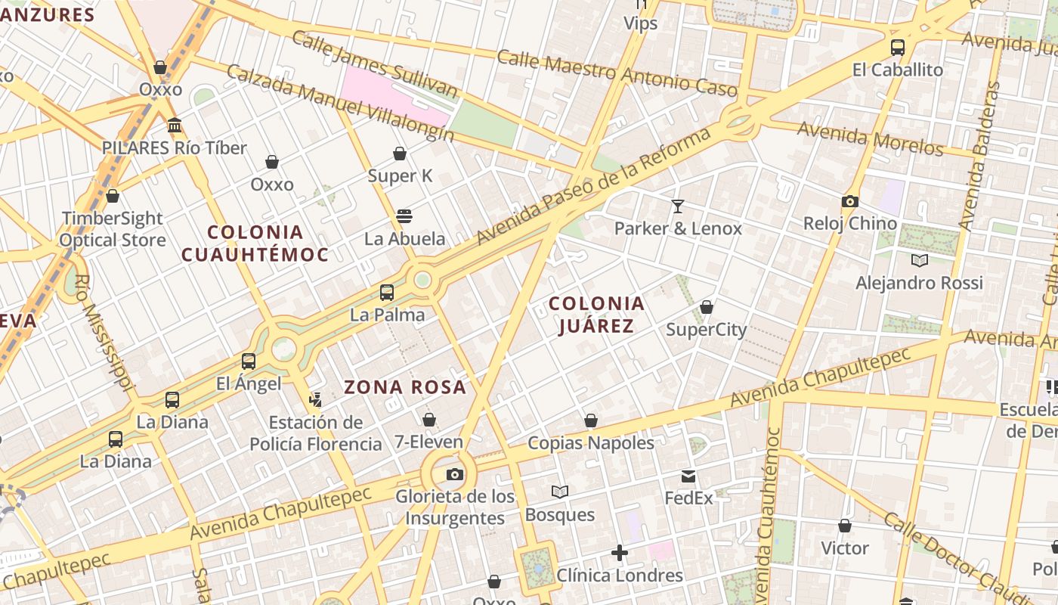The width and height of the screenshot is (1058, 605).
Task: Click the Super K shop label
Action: pyautogui.click(x=400, y=176)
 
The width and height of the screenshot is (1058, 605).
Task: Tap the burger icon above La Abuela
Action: pyautogui.click(x=404, y=216)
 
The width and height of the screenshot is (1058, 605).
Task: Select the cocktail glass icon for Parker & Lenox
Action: pyautogui.click(x=677, y=206)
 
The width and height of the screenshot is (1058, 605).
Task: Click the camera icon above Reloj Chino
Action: pyautogui.click(x=850, y=201)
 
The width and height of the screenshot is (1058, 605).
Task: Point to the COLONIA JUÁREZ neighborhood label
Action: pyautogui.click(x=596, y=315)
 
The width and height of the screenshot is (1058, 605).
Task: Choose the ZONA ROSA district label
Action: pyautogui.click(x=405, y=387)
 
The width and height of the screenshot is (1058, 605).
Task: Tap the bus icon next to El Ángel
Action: pyautogui.click(x=249, y=361)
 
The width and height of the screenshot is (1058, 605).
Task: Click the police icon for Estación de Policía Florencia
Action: pyautogui.click(x=316, y=399)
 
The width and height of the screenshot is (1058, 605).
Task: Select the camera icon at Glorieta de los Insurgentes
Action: pyautogui.click(x=454, y=474)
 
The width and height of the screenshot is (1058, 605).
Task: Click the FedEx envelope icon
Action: pyautogui.click(x=688, y=476)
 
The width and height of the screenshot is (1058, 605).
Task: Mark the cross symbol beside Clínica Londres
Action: pyautogui.click(x=620, y=553)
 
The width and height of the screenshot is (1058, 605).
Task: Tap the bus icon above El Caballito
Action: pyautogui.click(x=898, y=48)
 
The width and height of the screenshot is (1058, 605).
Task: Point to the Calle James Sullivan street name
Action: pyautogui.click(x=375, y=65)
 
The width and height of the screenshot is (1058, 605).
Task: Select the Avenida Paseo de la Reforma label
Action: pyautogui.click(x=594, y=186)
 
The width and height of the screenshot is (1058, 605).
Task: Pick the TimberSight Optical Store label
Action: pyautogui.click(x=113, y=229)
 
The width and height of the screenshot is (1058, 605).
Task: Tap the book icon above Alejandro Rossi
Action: pyautogui.click(x=920, y=261)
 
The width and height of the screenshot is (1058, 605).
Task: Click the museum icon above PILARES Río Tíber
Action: pyautogui.click(x=175, y=125)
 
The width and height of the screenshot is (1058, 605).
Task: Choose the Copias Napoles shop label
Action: pyautogui.click(x=591, y=442)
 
